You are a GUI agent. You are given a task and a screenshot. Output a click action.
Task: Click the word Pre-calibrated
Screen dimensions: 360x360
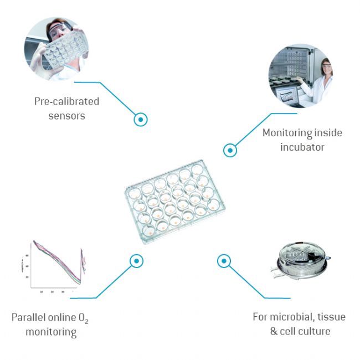pos(66,101)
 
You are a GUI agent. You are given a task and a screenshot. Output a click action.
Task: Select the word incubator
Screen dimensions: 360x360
pos(302,147)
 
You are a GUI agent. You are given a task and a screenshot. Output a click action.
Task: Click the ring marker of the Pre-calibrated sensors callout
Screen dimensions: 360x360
pos(141,119)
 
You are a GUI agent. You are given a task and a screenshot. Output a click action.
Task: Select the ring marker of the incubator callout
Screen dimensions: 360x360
pos(230,150)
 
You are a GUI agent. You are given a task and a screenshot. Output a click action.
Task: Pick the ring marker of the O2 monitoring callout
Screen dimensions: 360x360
pos(136,260)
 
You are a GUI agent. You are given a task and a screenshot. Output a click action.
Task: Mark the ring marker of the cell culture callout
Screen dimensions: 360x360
pos(223,260)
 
